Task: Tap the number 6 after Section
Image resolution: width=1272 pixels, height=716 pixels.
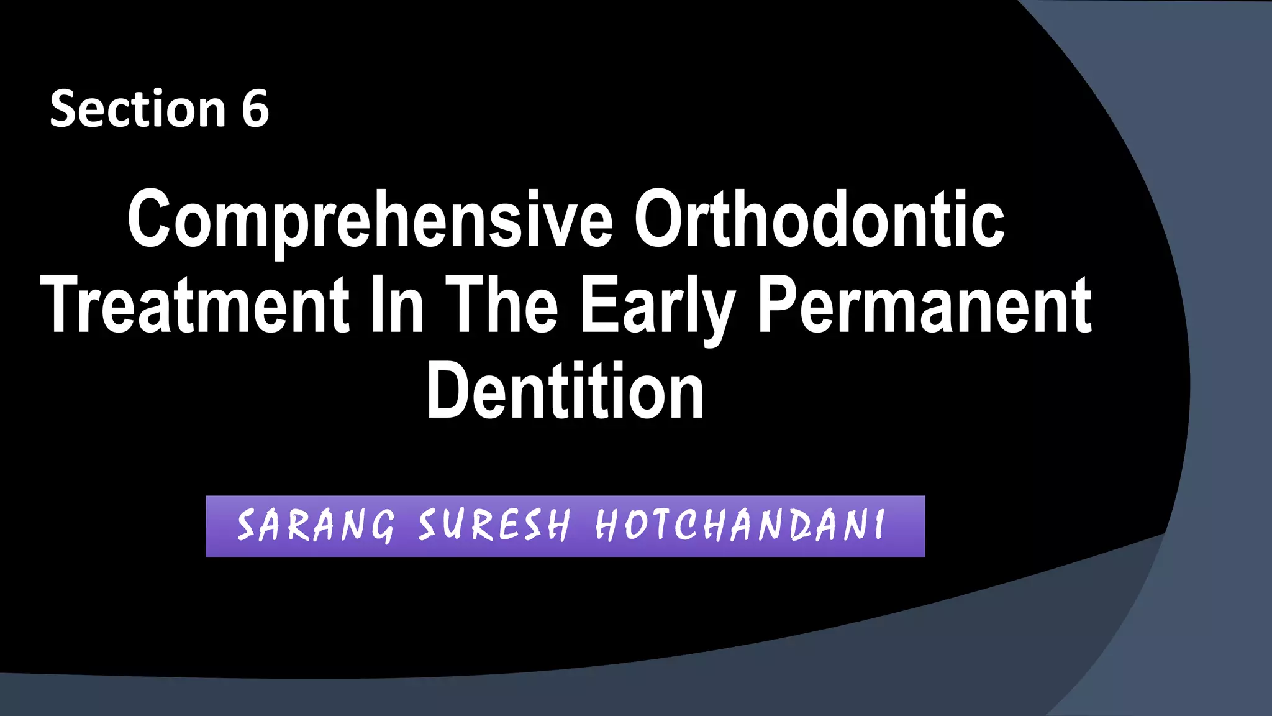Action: (x=255, y=109)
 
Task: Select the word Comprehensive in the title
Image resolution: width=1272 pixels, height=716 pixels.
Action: (x=370, y=219)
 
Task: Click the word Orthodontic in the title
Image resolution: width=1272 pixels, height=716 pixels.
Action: (x=819, y=219)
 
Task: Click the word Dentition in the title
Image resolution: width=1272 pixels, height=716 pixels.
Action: (x=565, y=392)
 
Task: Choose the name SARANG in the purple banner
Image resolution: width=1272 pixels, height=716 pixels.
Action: (x=316, y=525)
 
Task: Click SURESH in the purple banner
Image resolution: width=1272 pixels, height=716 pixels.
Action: (x=494, y=525)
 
